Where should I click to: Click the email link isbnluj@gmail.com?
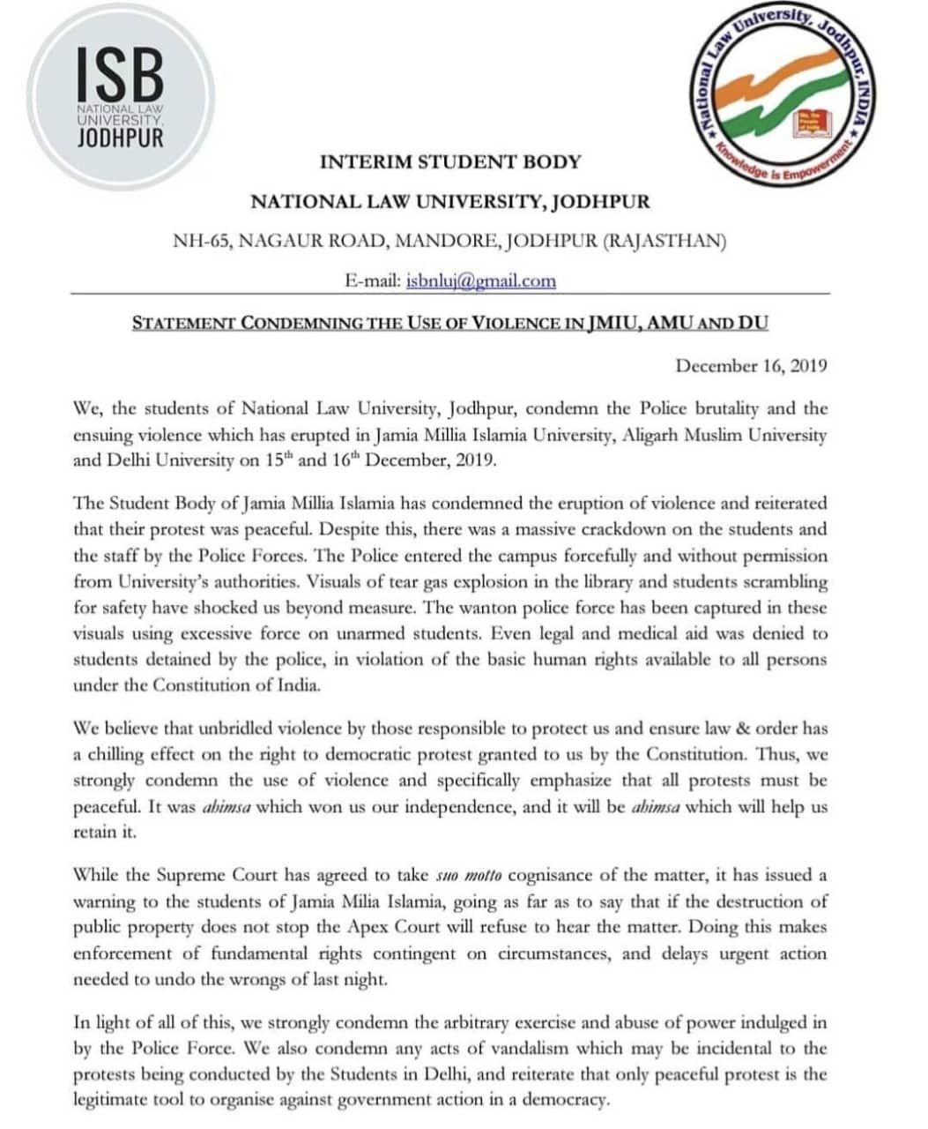tap(480, 280)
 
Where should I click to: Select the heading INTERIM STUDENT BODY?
tap(449, 162)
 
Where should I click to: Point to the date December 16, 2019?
tap(751, 365)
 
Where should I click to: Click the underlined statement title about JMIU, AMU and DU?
tap(449, 322)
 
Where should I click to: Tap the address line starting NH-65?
tap(449, 241)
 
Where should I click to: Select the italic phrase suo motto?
tap(469, 876)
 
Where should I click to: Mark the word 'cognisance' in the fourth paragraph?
tap(546, 876)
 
